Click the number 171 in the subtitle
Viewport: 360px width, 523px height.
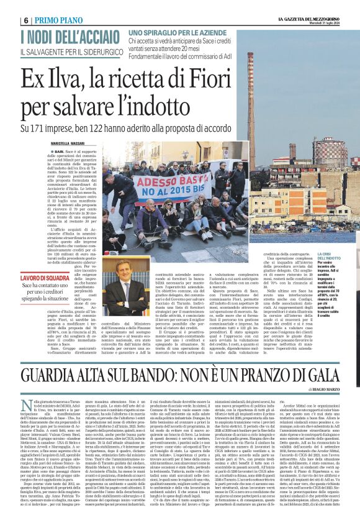[x=47, y=128]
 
